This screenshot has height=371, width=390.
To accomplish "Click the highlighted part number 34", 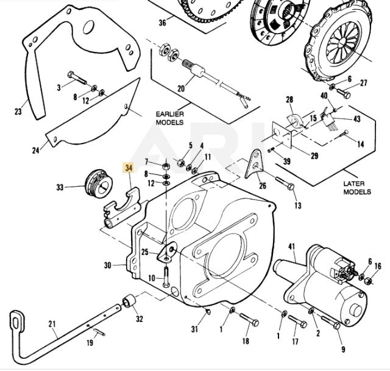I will pos(129,168).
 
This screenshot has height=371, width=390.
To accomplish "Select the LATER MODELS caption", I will pos(356,187).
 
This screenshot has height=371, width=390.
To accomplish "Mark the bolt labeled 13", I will pos(284,184).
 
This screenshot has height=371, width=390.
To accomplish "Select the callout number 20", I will pos(181,88).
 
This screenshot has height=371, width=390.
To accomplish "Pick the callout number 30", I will pos(108,265).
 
